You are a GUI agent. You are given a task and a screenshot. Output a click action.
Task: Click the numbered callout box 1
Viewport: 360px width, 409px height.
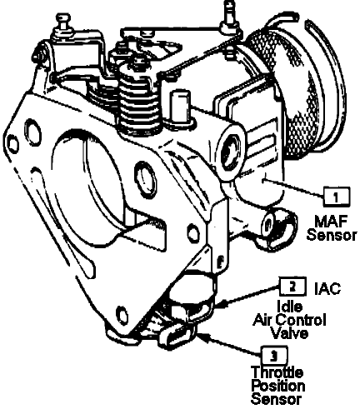[337, 197]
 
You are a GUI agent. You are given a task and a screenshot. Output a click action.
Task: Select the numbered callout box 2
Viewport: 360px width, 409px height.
[292, 287]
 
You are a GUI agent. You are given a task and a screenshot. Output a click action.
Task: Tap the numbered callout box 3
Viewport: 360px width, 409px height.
[274, 356]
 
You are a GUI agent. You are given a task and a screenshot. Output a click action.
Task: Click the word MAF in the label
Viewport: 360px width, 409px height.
[331, 222]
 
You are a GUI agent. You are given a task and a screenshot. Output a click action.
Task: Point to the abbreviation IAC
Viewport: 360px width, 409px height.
[327, 289]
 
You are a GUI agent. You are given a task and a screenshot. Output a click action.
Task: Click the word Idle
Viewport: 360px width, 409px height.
[290, 307]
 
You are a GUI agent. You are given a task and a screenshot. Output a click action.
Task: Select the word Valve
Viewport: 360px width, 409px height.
[290, 332]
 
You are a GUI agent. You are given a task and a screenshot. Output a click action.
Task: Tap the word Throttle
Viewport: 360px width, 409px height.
[277, 372]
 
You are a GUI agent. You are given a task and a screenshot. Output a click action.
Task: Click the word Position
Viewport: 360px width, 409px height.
[278, 386]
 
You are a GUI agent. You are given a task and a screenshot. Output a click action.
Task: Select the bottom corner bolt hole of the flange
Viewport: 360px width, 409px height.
[122, 313]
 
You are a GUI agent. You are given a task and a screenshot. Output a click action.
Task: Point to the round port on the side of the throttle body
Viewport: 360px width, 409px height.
[231, 152]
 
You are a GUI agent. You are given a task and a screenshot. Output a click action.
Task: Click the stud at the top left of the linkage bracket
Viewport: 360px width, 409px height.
[62, 22]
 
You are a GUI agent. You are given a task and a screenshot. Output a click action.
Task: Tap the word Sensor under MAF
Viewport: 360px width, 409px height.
[332, 235]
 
